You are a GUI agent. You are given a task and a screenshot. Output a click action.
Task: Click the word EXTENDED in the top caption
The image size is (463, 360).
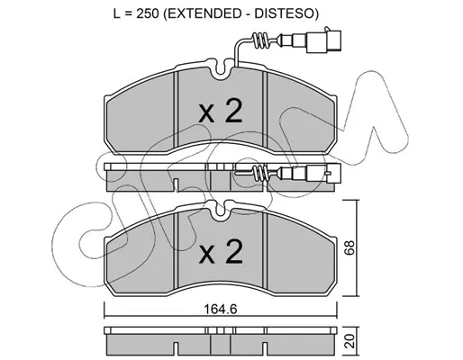pos(203,13)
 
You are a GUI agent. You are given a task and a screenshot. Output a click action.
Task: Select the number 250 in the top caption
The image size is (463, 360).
pos(148,13)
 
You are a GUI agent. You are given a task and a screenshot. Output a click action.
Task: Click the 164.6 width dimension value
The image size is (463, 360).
pos(220,309)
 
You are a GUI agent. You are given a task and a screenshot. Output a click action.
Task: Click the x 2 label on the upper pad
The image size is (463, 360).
pos(220,112)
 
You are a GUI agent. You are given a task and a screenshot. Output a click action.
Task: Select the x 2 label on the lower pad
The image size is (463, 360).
pos(220,252)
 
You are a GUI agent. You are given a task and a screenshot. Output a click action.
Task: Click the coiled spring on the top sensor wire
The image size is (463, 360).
pos(260,41)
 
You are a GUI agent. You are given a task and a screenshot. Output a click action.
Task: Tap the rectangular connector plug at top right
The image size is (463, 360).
pos(323,41)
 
